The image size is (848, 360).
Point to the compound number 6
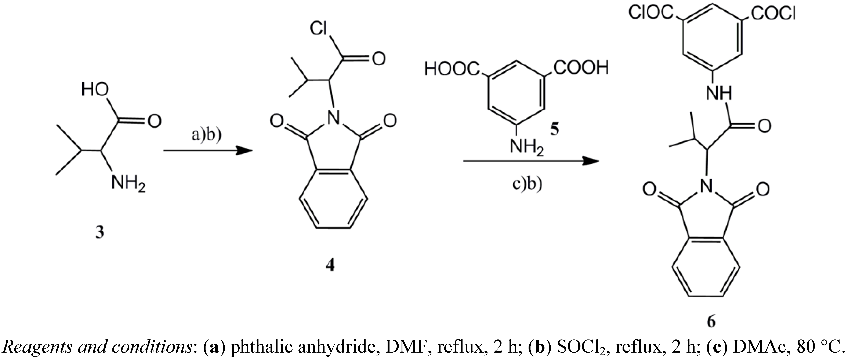point(711,321)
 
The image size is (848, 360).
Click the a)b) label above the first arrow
point(207,135)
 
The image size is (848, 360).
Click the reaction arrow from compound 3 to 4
point(207,151)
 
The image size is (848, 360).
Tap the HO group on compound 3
point(95,89)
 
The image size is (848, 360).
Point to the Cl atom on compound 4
point(318,29)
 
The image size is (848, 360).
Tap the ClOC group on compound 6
point(651,13)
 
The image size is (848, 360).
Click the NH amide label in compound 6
point(719,93)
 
